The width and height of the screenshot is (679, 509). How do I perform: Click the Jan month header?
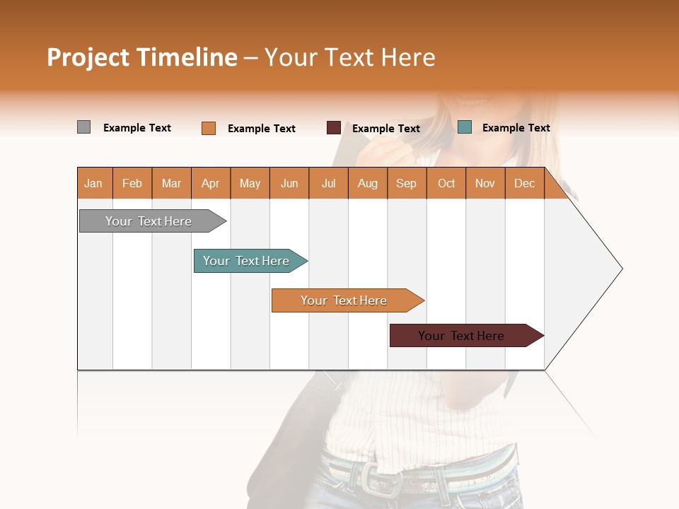[x=94, y=184]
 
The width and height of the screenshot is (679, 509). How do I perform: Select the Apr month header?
[x=211, y=184]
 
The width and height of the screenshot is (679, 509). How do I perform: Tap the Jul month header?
[x=328, y=184]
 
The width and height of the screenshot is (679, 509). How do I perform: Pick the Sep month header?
[x=406, y=184]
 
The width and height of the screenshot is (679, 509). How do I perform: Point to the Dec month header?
[x=524, y=184]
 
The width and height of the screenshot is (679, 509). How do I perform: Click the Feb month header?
[x=132, y=184]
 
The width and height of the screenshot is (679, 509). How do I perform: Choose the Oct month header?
[x=446, y=184]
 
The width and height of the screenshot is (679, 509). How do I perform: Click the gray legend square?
[x=83, y=127]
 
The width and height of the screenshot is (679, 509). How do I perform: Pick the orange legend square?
[x=209, y=128]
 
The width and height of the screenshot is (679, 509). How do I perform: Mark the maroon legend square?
[x=334, y=128]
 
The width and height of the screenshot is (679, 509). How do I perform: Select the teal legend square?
[x=465, y=127]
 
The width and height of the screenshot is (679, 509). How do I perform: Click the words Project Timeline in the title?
[x=141, y=57]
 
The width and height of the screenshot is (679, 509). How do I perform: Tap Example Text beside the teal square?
[x=516, y=128]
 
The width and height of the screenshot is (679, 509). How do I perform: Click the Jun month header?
[x=289, y=184]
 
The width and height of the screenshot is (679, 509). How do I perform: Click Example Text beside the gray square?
[x=137, y=128]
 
